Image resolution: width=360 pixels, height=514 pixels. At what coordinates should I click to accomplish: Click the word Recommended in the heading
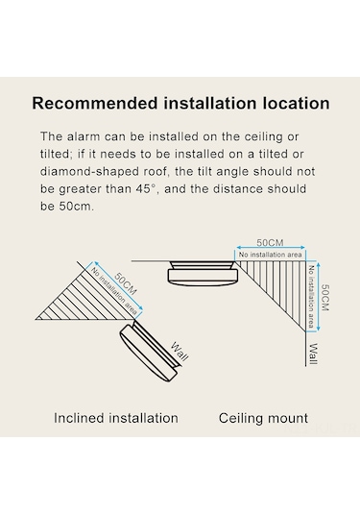(95, 103)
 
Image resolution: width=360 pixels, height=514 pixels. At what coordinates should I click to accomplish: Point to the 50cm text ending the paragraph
(77, 207)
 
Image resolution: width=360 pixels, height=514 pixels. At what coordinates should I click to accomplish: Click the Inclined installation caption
(116, 418)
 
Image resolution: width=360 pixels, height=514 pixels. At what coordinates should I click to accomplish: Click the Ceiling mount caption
(263, 418)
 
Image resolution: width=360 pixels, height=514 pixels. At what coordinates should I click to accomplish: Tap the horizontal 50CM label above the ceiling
(270, 242)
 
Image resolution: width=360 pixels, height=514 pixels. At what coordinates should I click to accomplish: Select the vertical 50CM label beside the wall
(324, 297)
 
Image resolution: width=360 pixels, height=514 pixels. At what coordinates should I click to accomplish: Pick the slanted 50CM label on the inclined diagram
(126, 283)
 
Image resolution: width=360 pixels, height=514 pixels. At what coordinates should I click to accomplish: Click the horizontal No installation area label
(271, 255)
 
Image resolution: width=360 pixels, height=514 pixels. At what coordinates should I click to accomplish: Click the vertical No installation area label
(311, 297)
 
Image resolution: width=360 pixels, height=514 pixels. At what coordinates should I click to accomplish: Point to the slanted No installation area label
(113, 291)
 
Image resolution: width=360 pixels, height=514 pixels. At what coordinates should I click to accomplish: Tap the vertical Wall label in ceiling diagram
(314, 354)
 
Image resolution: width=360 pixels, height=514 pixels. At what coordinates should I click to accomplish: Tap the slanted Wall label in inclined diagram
(180, 352)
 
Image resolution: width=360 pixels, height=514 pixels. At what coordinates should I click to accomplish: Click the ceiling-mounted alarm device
(203, 272)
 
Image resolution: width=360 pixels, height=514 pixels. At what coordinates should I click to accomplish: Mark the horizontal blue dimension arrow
(271, 248)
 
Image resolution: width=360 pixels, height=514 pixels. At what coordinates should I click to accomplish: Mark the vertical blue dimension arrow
(319, 297)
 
